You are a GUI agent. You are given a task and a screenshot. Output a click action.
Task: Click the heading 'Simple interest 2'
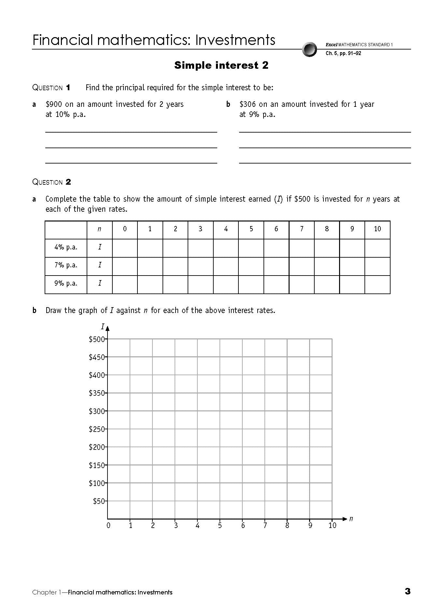pyautogui.click(x=221, y=65)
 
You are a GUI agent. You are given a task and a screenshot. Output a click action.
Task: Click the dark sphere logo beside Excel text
pyautogui.click(x=309, y=50)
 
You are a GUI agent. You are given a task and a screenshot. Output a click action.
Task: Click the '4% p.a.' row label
pyautogui.click(x=66, y=247)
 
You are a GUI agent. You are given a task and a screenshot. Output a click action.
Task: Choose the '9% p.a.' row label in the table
pyautogui.click(x=66, y=283)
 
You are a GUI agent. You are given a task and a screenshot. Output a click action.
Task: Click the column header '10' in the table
pyautogui.click(x=377, y=229)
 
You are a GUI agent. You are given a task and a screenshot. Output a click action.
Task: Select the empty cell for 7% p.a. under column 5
pyautogui.click(x=251, y=265)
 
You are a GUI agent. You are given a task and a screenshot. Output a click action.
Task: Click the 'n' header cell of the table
pyautogui.click(x=99, y=229)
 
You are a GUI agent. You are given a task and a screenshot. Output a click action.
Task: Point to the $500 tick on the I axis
pyautogui.click(x=97, y=339)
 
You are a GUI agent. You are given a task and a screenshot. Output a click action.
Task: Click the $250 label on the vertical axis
pyautogui.click(x=97, y=429)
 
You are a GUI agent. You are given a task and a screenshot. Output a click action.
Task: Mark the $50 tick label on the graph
pyautogui.click(x=99, y=501)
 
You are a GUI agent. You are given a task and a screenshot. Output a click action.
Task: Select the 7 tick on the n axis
pyautogui.click(x=265, y=525)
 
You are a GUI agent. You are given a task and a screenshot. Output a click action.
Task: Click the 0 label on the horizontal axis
pyautogui.click(x=108, y=525)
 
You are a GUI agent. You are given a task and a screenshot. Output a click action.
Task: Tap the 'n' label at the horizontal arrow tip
pyautogui.click(x=351, y=519)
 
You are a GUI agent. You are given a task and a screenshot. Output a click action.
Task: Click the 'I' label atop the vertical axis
pyautogui.click(x=103, y=326)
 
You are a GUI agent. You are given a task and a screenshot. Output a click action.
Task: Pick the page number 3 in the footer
pyautogui.click(x=407, y=591)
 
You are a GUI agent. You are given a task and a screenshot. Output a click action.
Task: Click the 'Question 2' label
pyautogui.click(x=51, y=182)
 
